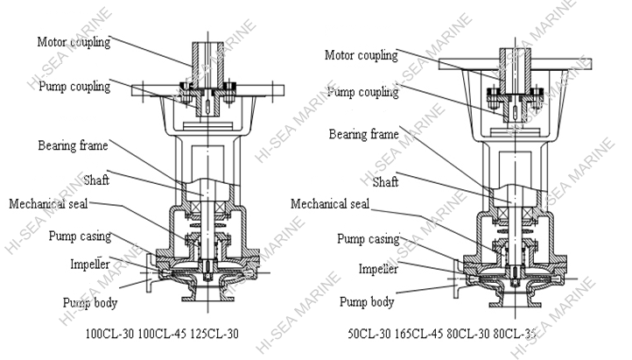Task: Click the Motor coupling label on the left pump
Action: (x=74, y=41)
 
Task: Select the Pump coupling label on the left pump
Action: (x=73, y=87)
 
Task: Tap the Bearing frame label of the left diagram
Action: (x=74, y=144)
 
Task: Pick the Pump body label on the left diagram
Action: (x=89, y=303)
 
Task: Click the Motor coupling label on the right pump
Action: (x=361, y=55)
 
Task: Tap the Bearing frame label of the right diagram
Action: (x=363, y=134)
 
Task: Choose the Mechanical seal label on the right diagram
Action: (x=330, y=204)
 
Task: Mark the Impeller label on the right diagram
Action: (x=378, y=269)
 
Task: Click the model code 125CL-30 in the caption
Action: (x=214, y=334)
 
